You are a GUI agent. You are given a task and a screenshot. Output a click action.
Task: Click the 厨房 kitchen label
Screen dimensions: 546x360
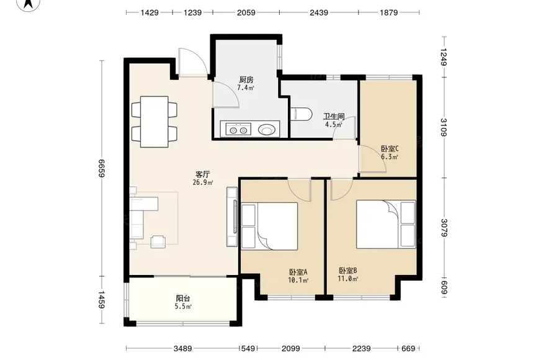(x=246, y=80)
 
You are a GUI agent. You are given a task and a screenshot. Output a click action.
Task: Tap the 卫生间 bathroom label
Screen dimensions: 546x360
(x=334, y=117)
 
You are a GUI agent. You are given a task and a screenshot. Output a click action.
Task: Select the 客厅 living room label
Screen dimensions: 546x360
(x=202, y=174)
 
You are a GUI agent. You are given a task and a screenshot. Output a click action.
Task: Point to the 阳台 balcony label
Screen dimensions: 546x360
(x=183, y=299)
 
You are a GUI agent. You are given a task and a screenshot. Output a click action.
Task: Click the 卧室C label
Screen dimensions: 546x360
(x=390, y=149)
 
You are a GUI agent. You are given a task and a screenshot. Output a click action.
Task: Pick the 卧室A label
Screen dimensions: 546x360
(x=298, y=271)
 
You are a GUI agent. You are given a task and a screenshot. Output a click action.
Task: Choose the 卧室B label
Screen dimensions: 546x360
(x=348, y=271)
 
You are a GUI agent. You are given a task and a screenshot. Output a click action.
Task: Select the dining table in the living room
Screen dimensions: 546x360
(x=154, y=122)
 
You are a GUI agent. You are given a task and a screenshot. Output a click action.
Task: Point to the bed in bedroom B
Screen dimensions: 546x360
(x=386, y=224)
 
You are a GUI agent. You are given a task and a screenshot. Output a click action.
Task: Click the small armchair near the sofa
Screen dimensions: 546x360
(x=158, y=241)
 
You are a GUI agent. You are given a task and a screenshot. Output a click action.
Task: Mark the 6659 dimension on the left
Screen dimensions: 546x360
(x=101, y=168)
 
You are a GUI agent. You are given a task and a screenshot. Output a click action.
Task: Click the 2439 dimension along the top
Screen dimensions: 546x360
(x=319, y=12)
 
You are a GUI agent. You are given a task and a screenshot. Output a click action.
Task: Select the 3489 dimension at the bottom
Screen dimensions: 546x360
(x=182, y=348)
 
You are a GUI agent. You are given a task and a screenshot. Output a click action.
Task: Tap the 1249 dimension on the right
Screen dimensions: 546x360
(x=443, y=57)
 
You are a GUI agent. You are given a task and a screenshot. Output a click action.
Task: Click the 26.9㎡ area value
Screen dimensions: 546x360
(x=203, y=182)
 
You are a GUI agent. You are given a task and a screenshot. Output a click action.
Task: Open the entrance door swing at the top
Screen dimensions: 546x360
(x=192, y=61)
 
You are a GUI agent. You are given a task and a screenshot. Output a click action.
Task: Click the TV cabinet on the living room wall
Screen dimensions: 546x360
(x=232, y=217)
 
